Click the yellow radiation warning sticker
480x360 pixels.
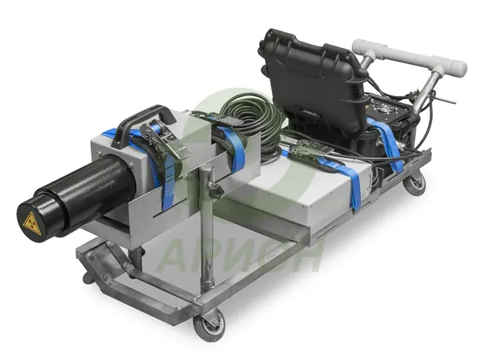32,224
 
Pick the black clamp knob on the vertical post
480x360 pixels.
217,192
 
